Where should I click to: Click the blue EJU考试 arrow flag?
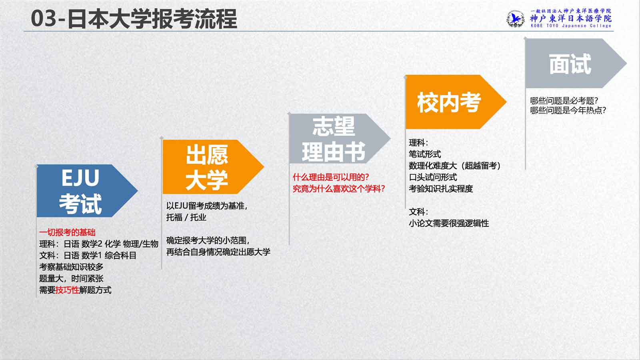click(x=86, y=190)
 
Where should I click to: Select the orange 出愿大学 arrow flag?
click(x=212, y=167)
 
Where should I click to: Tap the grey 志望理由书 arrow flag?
click(x=338, y=138)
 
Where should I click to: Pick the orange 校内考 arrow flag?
click(x=454, y=102)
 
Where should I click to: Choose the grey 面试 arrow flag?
click(x=574, y=64)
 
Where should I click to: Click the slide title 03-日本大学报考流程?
click(x=134, y=19)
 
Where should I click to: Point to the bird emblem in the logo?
click(x=516, y=19)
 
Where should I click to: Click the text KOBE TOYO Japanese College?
click(x=571, y=26)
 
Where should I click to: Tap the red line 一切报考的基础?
click(x=68, y=232)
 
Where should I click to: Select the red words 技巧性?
click(x=67, y=290)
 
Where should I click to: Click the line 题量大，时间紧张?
click(x=71, y=278)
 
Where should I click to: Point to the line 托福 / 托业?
click(x=186, y=218)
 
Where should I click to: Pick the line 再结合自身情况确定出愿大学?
click(x=218, y=252)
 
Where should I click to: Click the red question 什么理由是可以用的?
click(x=331, y=178)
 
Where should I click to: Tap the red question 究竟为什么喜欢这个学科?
click(x=339, y=189)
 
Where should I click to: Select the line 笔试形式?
click(x=425, y=154)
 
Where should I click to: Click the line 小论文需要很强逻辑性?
click(x=449, y=224)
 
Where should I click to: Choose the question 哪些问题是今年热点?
click(x=568, y=110)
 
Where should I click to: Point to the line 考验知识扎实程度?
click(x=441, y=189)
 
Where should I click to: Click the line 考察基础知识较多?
click(x=71, y=267)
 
